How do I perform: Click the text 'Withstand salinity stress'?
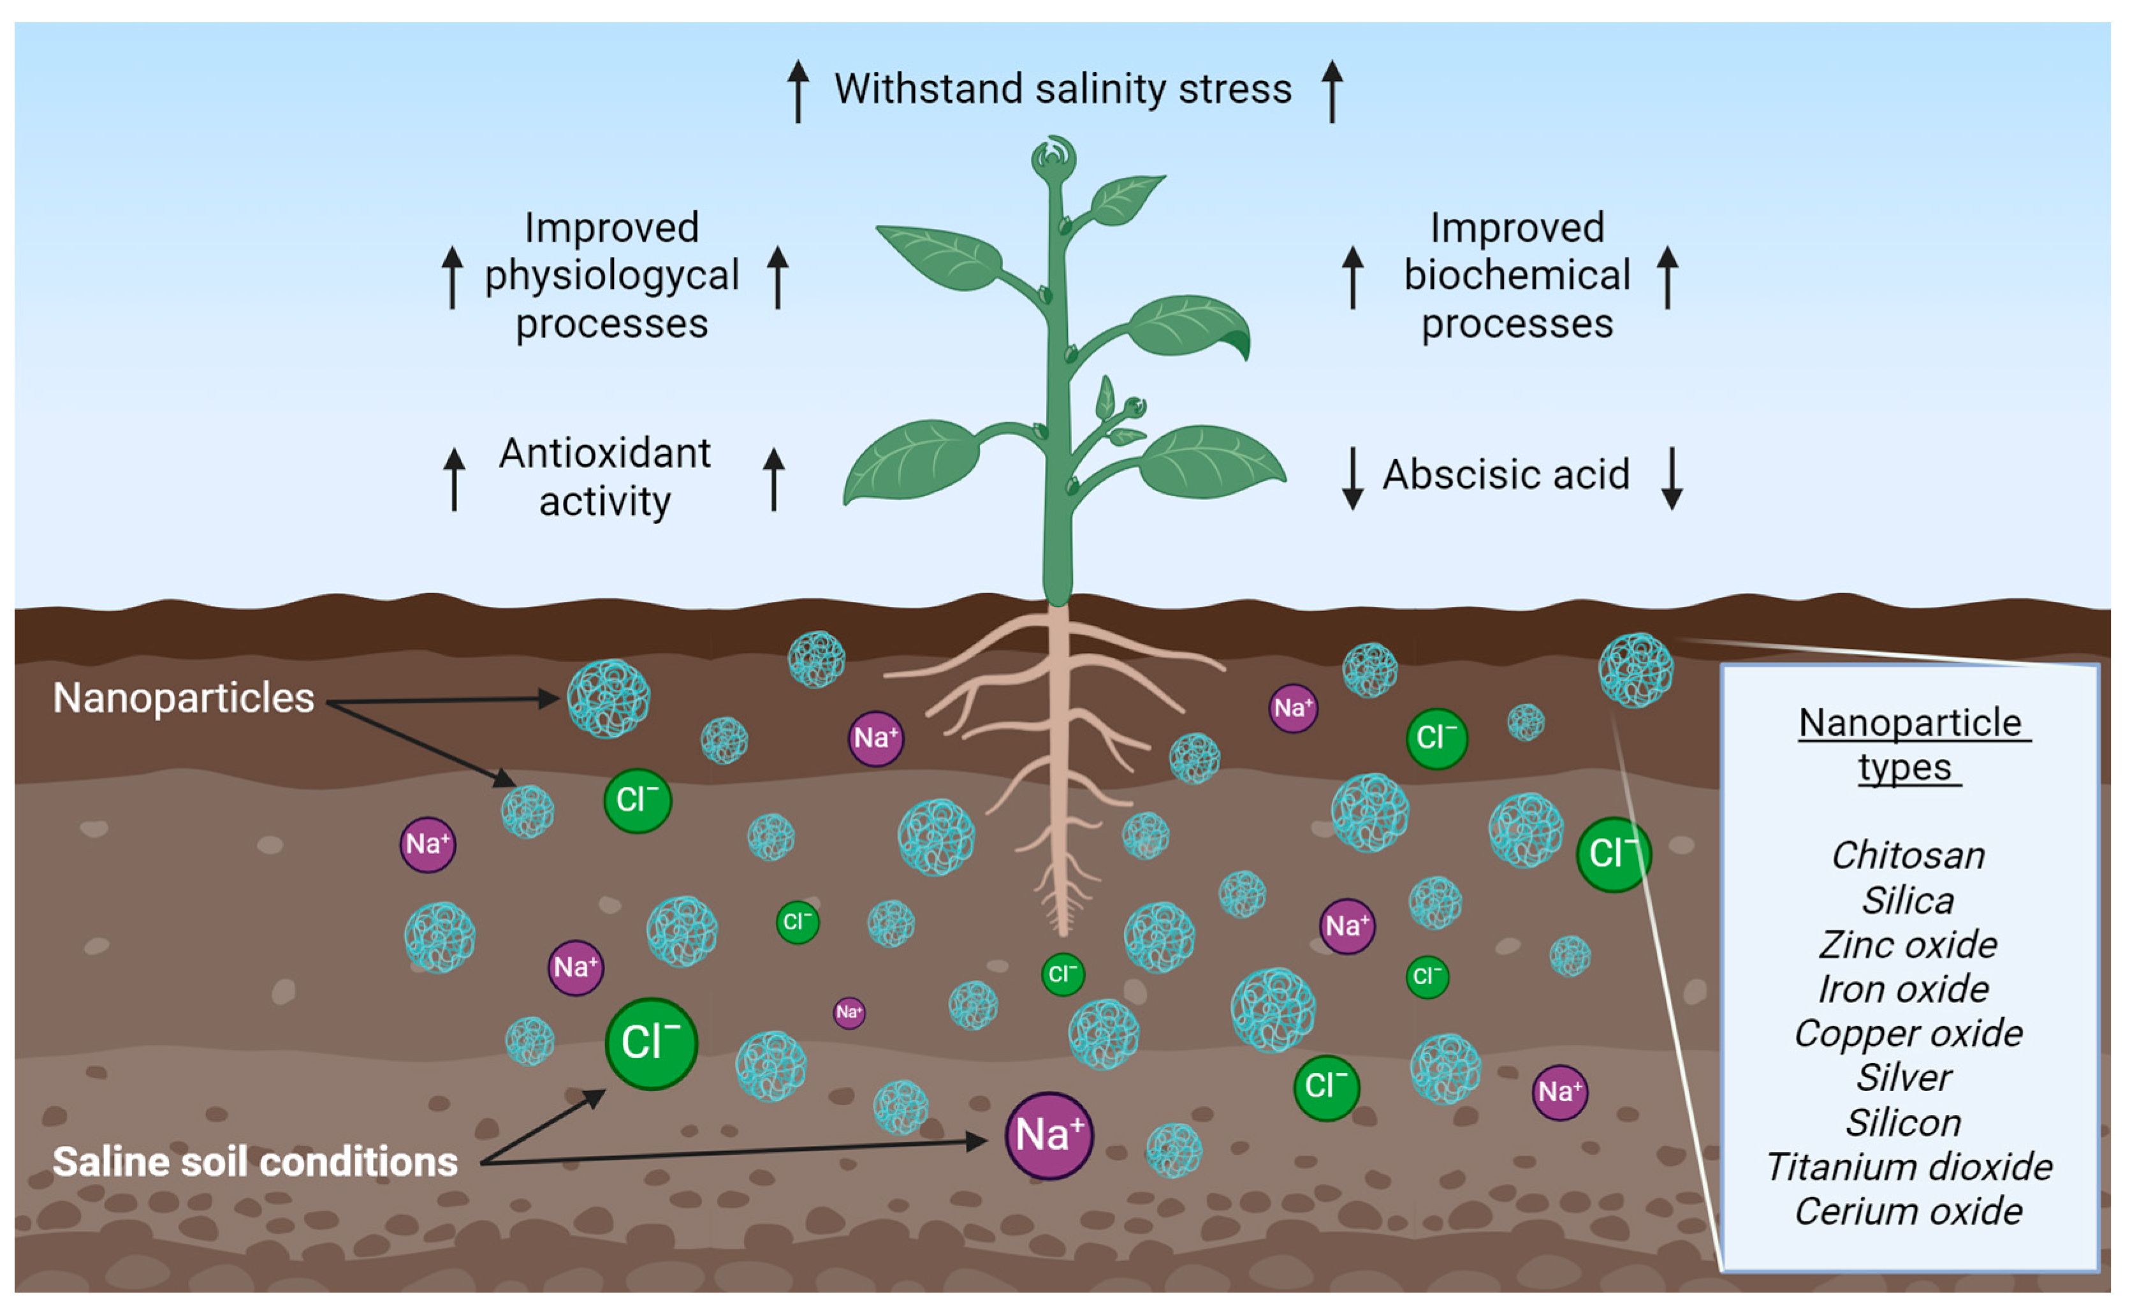[1062, 89]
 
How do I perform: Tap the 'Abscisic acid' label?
[1506, 475]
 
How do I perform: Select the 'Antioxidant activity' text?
[605, 477]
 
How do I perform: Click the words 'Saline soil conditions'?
[255, 1162]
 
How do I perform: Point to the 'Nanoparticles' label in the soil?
[184, 698]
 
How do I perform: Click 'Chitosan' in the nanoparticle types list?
[1908, 856]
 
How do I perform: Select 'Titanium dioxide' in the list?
[1909, 1167]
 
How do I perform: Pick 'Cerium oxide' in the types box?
[1908, 1212]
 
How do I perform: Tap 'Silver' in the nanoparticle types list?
[1904, 1078]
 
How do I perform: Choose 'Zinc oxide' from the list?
[1908, 945]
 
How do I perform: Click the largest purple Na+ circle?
[1049, 1135]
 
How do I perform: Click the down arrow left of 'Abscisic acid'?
[1352, 477]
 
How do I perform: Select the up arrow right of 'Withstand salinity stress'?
[1332, 91]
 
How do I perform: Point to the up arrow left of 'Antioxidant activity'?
[455, 479]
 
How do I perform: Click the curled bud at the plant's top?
[1053, 157]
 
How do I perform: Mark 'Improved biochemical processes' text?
[1517, 275]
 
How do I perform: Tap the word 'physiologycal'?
[611, 275]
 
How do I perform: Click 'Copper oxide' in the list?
[1908, 1034]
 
